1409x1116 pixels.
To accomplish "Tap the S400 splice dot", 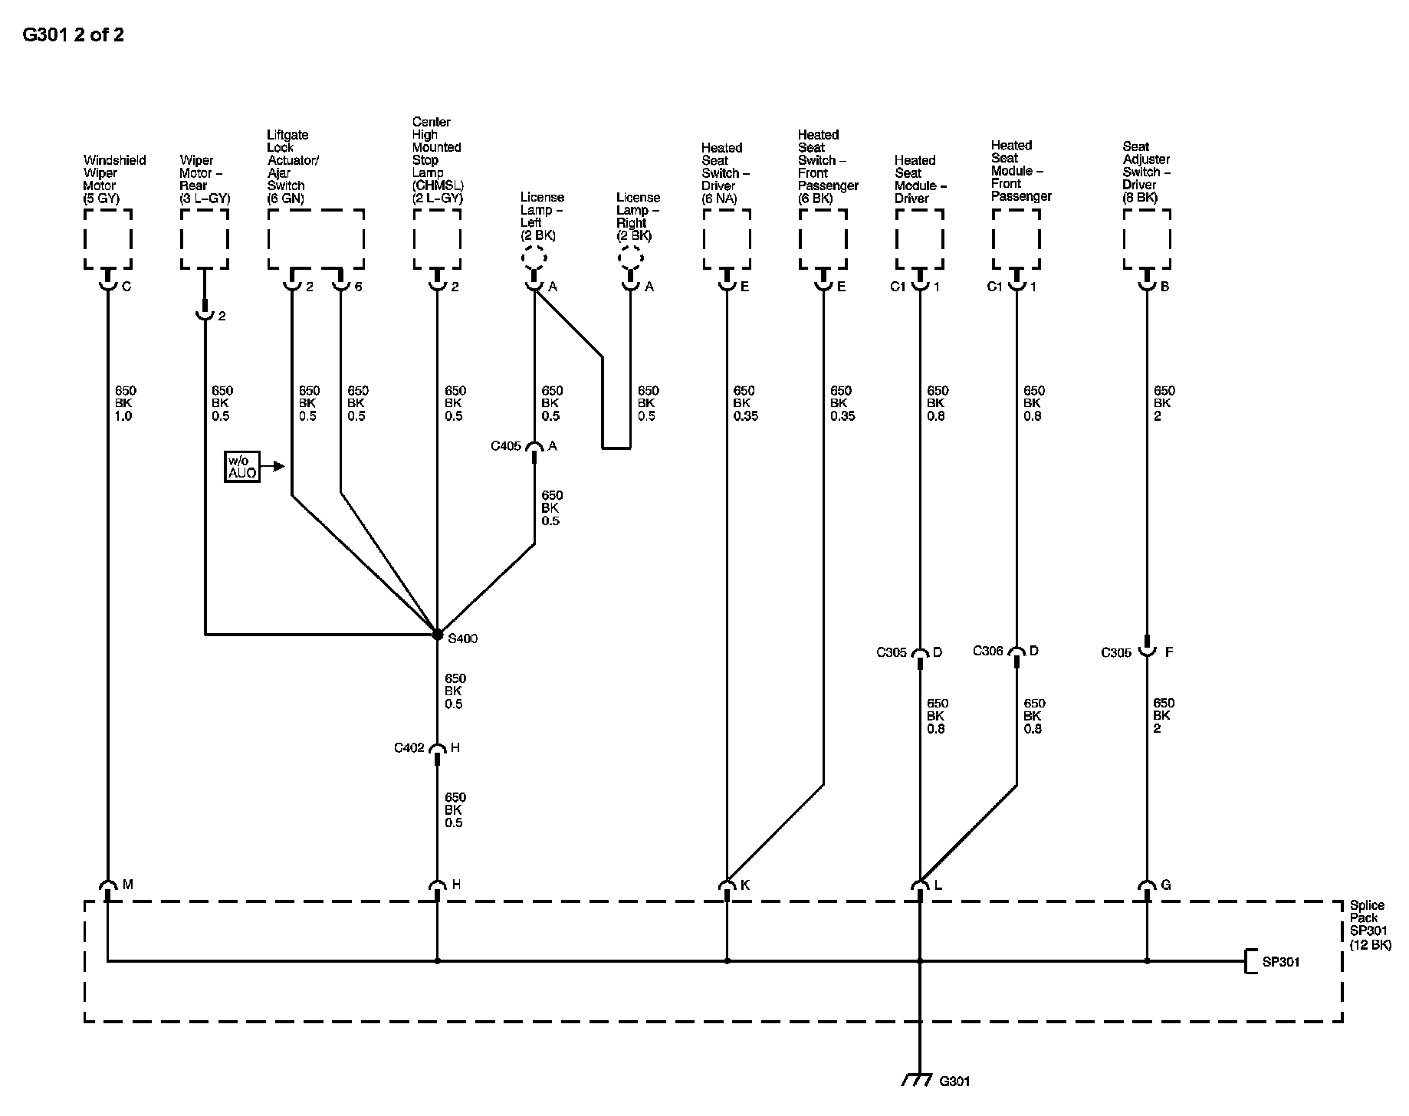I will [x=437, y=635].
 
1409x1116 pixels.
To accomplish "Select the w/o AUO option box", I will [x=241, y=467].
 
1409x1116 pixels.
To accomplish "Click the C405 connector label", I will [x=506, y=445].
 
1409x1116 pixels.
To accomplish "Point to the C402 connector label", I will [x=409, y=748].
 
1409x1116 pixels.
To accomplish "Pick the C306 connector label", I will [x=988, y=651].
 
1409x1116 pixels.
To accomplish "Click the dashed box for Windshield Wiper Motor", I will [x=107, y=238].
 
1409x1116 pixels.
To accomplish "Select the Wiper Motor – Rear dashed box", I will [x=205, y=238].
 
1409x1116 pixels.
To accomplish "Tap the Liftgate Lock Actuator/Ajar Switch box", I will [x=316, y=238].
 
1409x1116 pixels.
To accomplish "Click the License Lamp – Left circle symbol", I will [x=534, y=257].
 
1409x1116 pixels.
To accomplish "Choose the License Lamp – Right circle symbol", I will [x=630, y=257].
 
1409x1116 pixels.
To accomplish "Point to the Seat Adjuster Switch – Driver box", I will [x=1147, y=238].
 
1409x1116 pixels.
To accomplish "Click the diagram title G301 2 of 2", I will [x=74, y=35].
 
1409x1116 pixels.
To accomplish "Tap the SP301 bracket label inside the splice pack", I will [x=1280, y=962].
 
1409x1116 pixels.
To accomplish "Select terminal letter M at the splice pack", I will [x=128, y=885].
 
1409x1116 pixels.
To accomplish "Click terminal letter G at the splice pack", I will [x=1166, y=885].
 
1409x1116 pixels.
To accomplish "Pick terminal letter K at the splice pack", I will [x=745, y=885].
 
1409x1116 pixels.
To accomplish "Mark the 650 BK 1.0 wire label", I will [x=124, y=403].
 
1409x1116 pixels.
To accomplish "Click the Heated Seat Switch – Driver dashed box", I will [x=727, y=238].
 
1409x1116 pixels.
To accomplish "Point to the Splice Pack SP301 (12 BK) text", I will [x=1370, y=925].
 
